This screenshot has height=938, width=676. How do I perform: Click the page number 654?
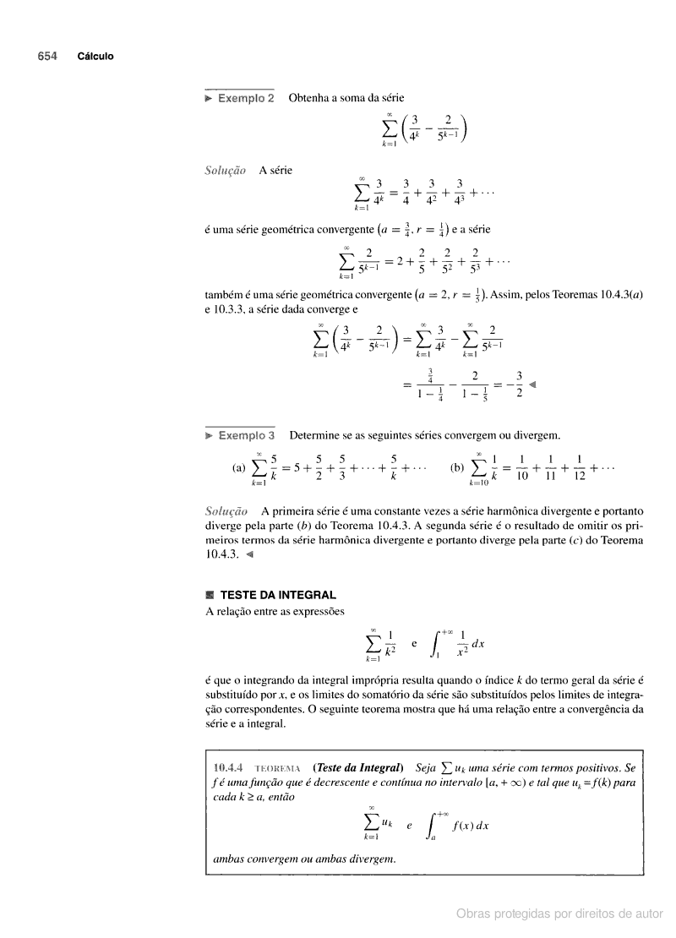[x=46, y=57]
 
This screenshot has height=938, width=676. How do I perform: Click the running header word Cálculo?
[x=95, y=57]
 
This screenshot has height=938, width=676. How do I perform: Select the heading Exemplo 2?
[x=246, y=98]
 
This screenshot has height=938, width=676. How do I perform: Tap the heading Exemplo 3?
[x=246, y=436]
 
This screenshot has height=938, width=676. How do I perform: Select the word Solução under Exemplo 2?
[x=226, y=170]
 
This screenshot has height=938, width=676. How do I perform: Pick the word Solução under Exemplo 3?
[x=226, y=511]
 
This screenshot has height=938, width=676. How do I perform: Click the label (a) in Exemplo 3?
[x=238, y=467]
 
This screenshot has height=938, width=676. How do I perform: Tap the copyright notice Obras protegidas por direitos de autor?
[x=559, y=913]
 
